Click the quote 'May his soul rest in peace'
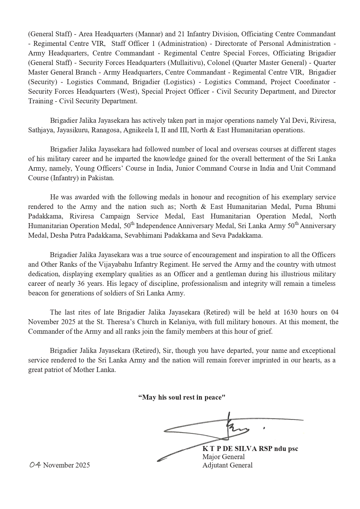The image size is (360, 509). coord(182,397)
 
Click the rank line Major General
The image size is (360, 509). coord(223,457)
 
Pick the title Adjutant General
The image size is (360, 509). coord(227,465)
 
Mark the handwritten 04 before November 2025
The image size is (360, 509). coord(35,465)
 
